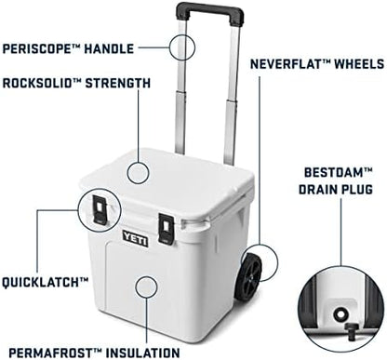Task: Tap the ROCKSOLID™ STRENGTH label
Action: click(x=76, y=83)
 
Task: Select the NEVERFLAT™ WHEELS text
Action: click(x=317, y=64)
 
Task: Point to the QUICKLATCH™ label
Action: click(x=46, y=280)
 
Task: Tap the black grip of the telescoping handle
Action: click(x=209, y=13)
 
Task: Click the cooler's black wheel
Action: click(x=250, y=277)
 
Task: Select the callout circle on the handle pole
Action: click(x=184, y=47)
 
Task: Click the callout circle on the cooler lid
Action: click(x=138, y=171)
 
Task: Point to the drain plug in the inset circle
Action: click(x=342, y=314)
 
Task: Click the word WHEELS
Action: click(x=356, y=64)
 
